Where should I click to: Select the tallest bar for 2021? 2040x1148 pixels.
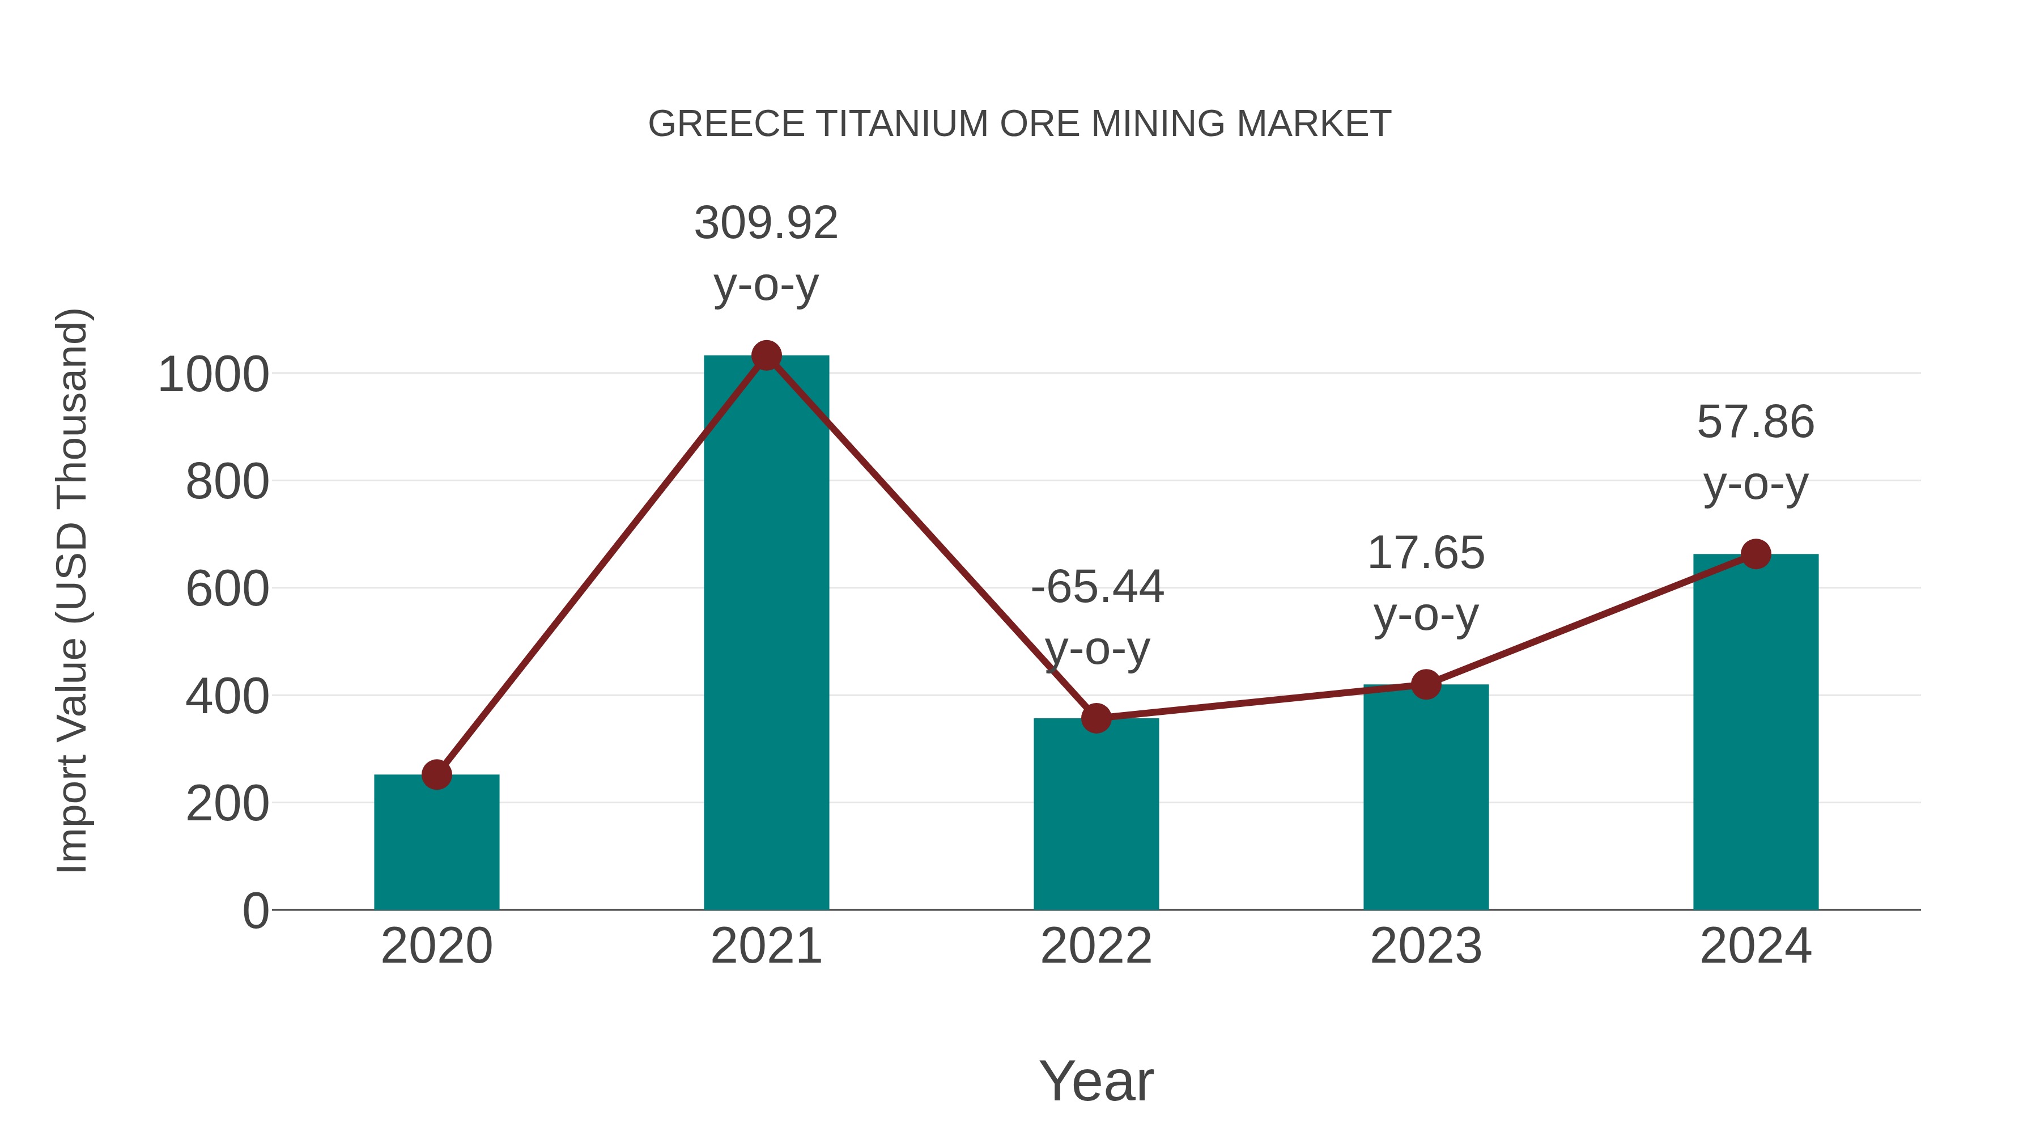766,634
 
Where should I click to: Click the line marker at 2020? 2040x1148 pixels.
436,775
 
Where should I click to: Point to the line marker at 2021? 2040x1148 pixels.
766,355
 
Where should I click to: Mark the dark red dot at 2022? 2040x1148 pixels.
1096,718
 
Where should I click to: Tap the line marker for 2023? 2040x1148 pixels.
1426,684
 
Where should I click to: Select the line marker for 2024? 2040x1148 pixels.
1756,554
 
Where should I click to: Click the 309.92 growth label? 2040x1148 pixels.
766,223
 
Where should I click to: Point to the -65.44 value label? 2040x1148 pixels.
1097,587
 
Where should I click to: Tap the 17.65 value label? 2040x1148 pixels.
1426,553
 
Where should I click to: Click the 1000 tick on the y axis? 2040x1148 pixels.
214,375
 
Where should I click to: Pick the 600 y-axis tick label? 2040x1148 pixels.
227,590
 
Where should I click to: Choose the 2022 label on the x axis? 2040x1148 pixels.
1096,946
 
